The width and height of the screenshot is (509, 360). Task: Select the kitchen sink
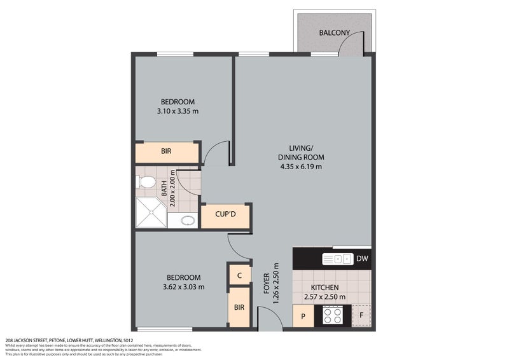coord(337,258)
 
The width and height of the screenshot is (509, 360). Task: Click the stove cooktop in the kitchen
coord(333,315)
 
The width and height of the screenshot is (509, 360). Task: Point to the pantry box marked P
coord(303,316)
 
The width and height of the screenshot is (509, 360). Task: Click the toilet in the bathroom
coord(146,183)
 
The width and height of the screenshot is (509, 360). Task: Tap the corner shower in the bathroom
coord(150,212)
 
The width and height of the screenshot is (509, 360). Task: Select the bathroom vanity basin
coord(188,221)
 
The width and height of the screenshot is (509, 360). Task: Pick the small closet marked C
coord(239,275)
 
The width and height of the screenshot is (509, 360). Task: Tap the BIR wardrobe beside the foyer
coord(239,308)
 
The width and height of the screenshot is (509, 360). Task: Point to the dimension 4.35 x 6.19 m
coord(301,167)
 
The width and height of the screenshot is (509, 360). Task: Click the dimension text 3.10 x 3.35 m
coord(178,111)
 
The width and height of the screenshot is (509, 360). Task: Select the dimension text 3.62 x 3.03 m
coord(183,287)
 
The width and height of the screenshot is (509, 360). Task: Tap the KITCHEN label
coord(324,287)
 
